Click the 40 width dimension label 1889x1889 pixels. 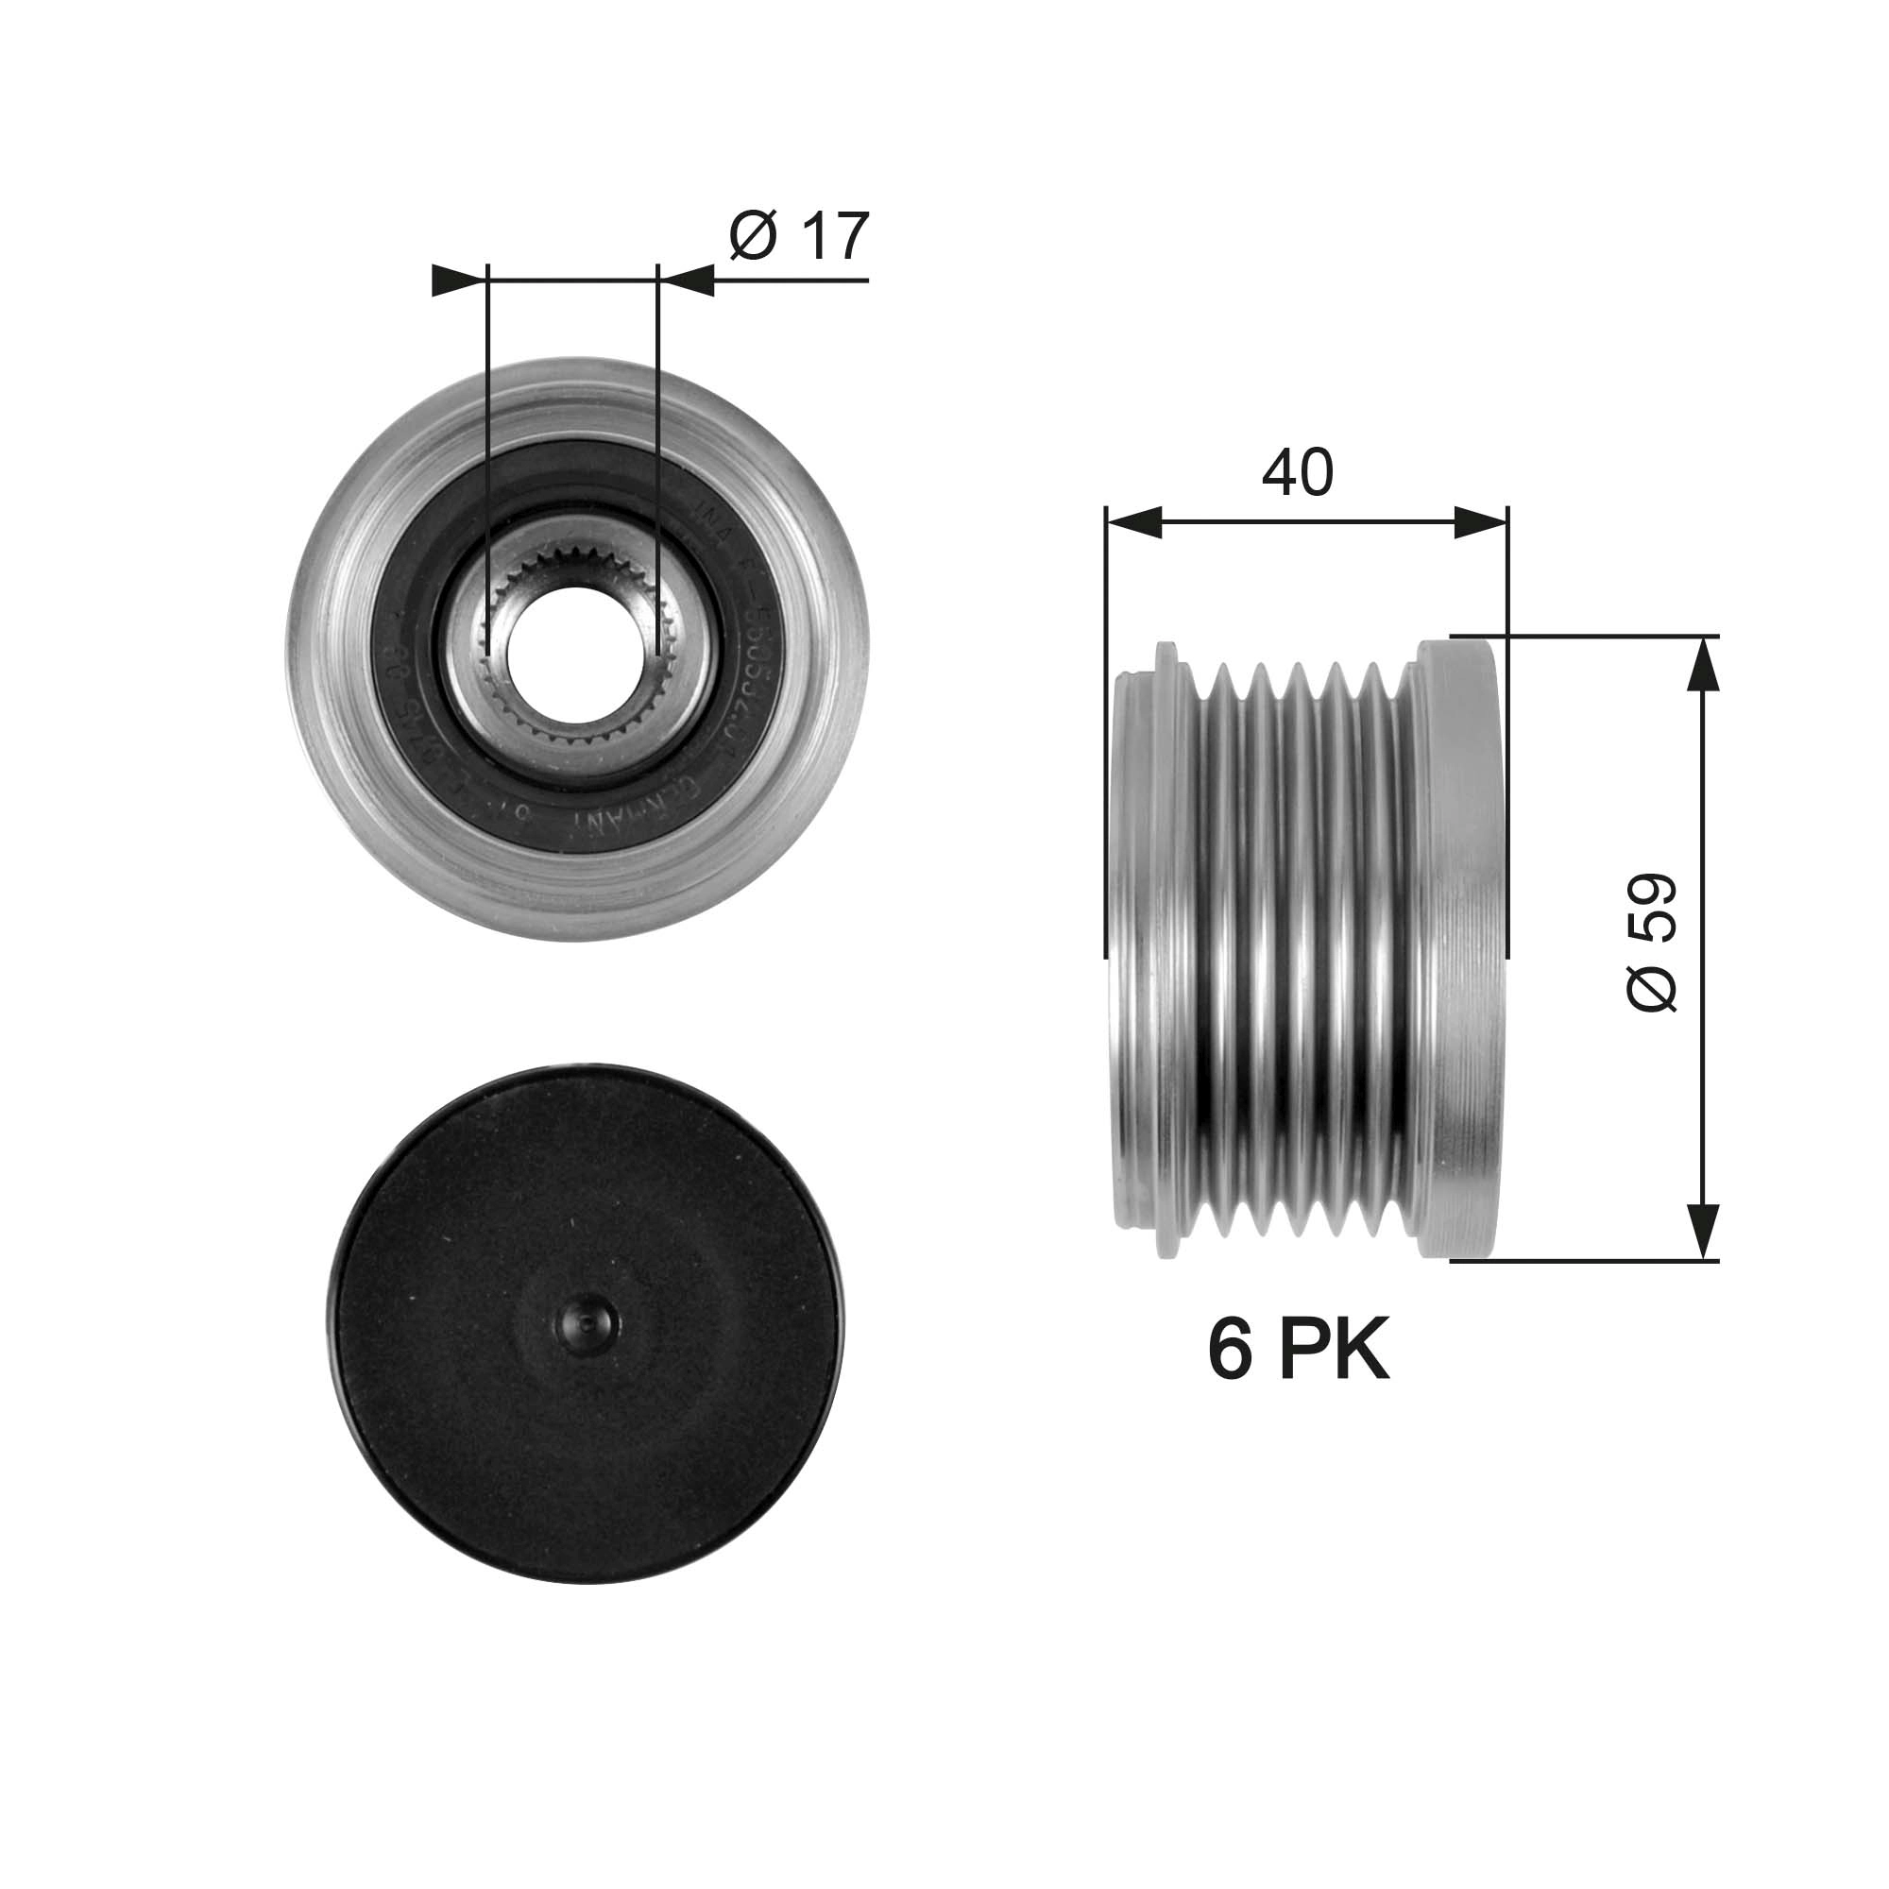[x=1297, y=472]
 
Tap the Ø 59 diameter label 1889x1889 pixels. [x=1652, y=942]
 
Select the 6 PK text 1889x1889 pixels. [x=1298, y=1351]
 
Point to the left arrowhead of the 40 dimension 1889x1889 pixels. [x=1134, y=523]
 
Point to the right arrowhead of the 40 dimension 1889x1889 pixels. [x=1480, y=523]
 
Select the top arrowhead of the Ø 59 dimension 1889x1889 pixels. [x=1703, y=665]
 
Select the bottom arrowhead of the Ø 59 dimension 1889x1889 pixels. [x=1703, y=1231]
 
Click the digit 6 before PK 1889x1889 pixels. [x=1230, y=1351]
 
